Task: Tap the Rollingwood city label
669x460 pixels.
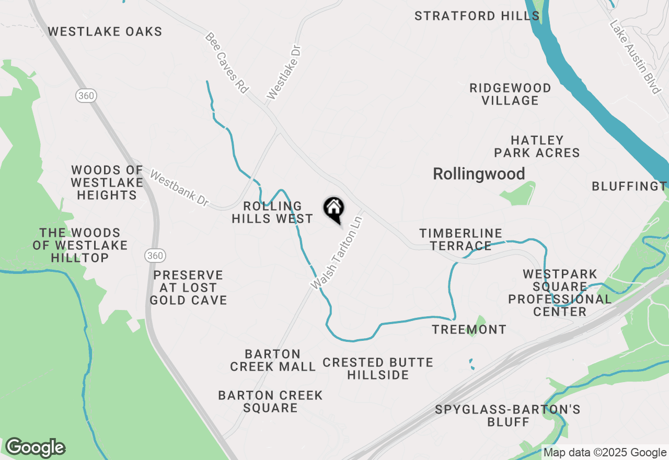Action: [479, 174]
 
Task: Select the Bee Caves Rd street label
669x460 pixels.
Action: [226, 63]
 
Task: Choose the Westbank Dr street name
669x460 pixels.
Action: [179, 187]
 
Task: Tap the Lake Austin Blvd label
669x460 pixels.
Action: [635, 57]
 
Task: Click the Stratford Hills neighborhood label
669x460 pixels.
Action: [477, 16]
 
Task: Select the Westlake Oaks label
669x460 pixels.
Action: [105, 32]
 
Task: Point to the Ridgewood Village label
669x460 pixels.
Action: [510, 94]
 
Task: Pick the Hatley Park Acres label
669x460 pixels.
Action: [537, 146]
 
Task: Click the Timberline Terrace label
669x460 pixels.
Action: [460, 239]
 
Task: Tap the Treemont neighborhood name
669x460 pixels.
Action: [469, 329]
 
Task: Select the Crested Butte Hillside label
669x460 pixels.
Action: [378, 369]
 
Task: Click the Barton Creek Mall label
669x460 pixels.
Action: [273, 360]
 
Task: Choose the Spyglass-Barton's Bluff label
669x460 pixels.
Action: [507, 415]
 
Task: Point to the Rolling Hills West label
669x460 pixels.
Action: [272, 212]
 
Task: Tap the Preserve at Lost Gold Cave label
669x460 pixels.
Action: [188, 287]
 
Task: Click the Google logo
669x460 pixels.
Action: [35, 448]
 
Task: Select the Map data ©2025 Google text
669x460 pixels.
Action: [605, 453]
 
